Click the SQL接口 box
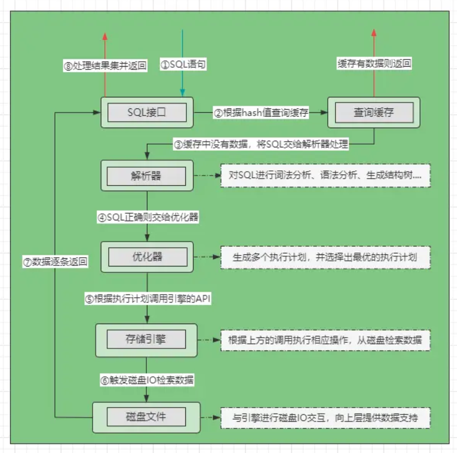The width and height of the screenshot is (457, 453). (146, 113)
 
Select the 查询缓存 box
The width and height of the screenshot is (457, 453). (373, 113)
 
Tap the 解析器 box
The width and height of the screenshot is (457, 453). (146, 175)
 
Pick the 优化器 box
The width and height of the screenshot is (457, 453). (147, 257)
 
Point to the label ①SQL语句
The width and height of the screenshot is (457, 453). (183, 65)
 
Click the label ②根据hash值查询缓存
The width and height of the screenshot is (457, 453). (261, 113)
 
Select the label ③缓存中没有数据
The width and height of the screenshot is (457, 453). (261, 144)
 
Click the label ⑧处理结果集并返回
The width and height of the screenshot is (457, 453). (105, 66)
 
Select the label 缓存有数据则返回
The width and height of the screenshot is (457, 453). (374, 64)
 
